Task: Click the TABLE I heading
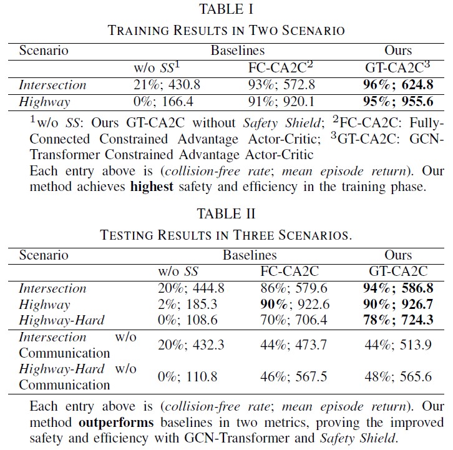[x=226, y=9]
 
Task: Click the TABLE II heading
[x=226, y=214]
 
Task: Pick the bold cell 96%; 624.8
[x=397, y=85]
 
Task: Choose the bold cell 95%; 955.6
[x=397, y=102]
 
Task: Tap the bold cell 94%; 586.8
[x=397, y=288]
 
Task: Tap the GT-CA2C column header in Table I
[x=397, y=67]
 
